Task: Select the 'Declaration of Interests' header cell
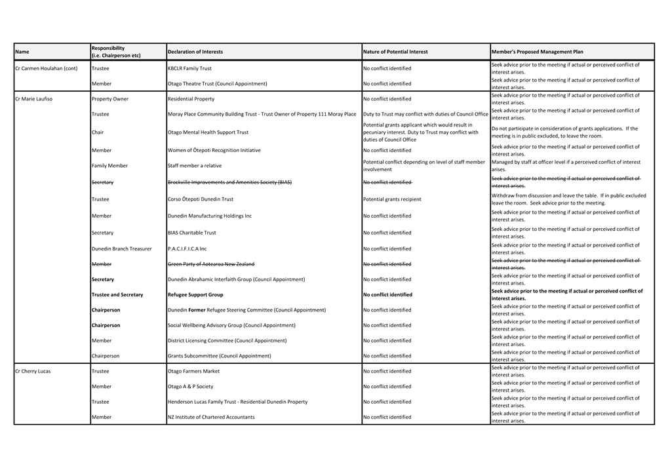click(195, 52)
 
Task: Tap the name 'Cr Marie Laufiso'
click(34, 99)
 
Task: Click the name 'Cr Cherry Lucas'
click(33, 371)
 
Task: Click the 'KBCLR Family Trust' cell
click(189, 68)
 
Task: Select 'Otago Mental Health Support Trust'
click(208, 132)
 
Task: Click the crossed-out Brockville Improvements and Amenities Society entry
click(229, 182)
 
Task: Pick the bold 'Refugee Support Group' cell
click(195, 295)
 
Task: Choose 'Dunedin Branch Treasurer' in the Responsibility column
click(121, 249)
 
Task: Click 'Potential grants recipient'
click(392, 199)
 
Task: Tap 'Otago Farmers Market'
click(193, 371)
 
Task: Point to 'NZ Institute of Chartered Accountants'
click(211, 417)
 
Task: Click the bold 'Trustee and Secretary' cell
click(117, 295)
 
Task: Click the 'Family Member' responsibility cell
click(109, 166)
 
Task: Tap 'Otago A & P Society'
click(190, 387)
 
